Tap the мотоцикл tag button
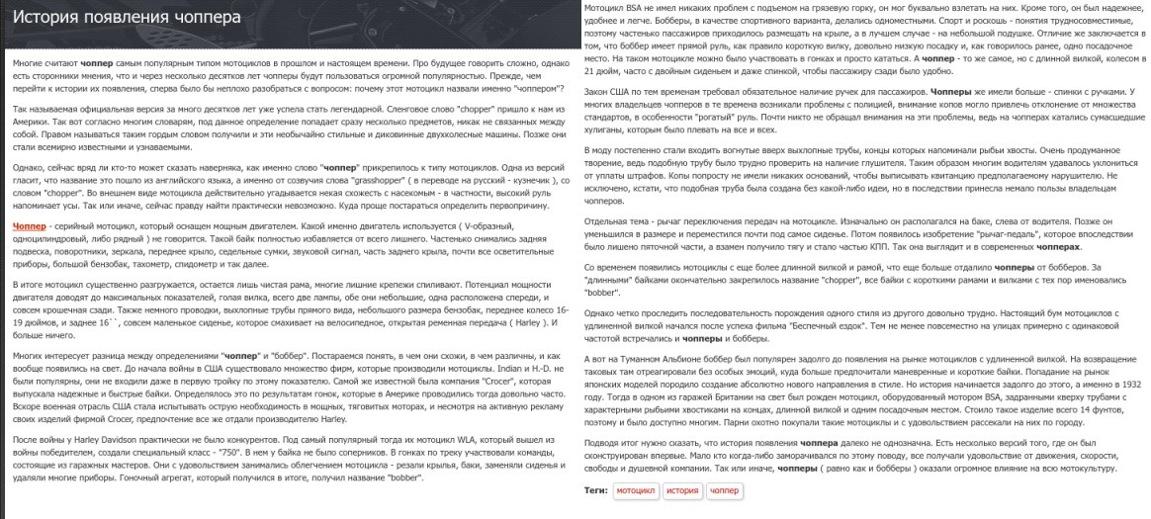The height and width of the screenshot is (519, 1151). pos(635,490)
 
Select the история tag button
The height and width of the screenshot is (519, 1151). pos(682,490)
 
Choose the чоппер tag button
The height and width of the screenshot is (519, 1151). pos(725,490)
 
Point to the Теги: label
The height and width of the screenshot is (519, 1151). pos(595,490)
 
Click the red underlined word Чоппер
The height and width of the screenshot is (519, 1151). pos(30,226)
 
